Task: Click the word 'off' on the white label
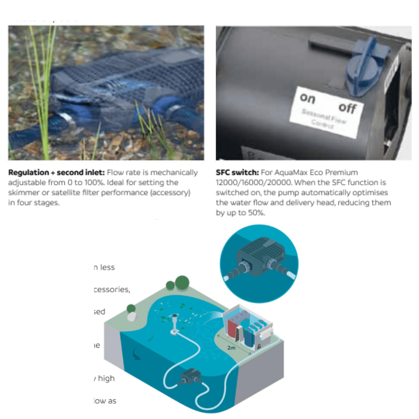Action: click(x=347, y=107)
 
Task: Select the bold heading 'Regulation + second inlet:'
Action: click(x=57, y=172)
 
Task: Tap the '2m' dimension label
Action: click(x=231, y=348)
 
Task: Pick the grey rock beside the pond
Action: click(x=132, y=317)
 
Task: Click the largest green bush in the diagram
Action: click(x=182, y=282)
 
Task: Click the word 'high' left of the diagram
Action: click(x=107, y=378)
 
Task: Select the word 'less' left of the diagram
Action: click(x=107, y=267)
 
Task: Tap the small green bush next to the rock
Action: click(x=131, y=308)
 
